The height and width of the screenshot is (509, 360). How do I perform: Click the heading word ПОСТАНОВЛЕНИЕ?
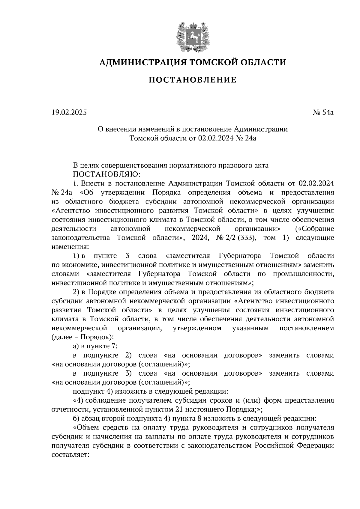pyautogui.click(x=193, y=80)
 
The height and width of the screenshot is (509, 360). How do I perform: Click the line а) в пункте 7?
pyautogui.click(x=95, y=346)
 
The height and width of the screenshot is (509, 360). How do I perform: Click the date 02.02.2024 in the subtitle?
pyautogui.click(x=215, y=138)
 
